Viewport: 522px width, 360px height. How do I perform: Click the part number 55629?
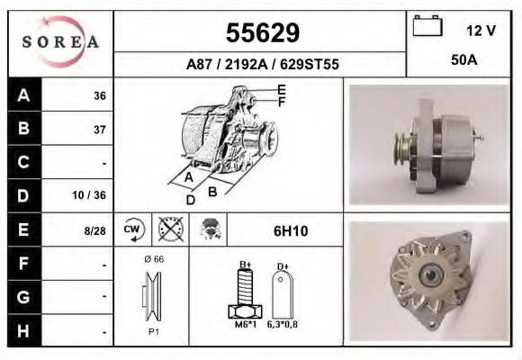261,33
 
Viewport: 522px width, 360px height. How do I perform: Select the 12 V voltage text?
481,30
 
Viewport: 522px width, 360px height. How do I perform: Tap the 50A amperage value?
463,60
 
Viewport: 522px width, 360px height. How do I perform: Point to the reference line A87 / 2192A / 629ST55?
261,65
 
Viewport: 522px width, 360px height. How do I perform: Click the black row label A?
23,95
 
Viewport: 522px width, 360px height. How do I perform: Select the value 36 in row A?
99,95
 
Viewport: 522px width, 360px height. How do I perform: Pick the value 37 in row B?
99,130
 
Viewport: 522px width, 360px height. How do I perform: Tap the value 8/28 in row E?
95,230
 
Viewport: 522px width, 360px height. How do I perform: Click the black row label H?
23,330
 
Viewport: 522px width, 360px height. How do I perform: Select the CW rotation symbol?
131,229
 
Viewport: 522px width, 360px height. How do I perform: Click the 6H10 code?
290,230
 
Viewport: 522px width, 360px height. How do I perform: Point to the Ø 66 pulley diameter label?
153,259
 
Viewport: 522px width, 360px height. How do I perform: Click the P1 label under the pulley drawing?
153,331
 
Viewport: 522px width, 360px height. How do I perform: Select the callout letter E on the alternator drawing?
281,89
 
